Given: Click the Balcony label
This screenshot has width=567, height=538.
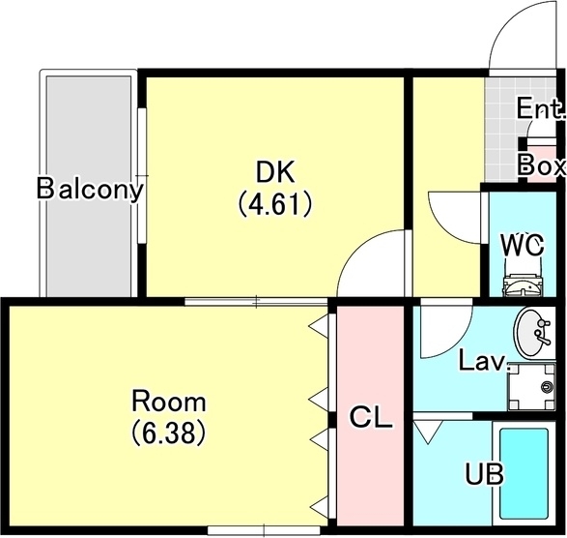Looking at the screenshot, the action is (90, 189).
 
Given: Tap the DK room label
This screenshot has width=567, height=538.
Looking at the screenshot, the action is (275, 172).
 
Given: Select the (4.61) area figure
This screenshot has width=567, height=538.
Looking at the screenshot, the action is (275, 204).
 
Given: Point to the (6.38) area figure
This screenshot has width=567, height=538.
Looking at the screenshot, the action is (168, 433).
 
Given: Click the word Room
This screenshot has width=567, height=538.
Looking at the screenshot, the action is (169, 402).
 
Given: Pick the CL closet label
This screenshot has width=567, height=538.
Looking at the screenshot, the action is (371, 417).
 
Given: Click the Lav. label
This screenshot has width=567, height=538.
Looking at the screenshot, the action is (484, 361).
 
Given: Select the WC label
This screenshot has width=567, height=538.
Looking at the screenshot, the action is (523, 245).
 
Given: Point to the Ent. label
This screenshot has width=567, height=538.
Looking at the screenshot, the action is (541, 108).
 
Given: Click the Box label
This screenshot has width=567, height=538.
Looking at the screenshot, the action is (541, 166).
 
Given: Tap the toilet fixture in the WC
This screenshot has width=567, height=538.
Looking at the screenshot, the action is (523, 285).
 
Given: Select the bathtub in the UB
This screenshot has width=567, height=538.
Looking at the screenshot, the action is (524, 474).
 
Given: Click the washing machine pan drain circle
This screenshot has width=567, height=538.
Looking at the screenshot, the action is (547, 387).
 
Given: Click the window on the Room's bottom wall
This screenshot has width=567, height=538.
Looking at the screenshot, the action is (264, 530).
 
